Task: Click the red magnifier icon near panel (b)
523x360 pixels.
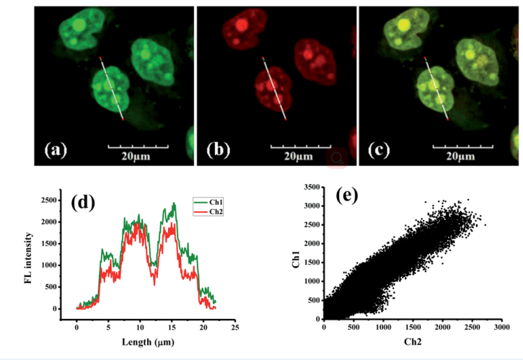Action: point(336,158)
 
